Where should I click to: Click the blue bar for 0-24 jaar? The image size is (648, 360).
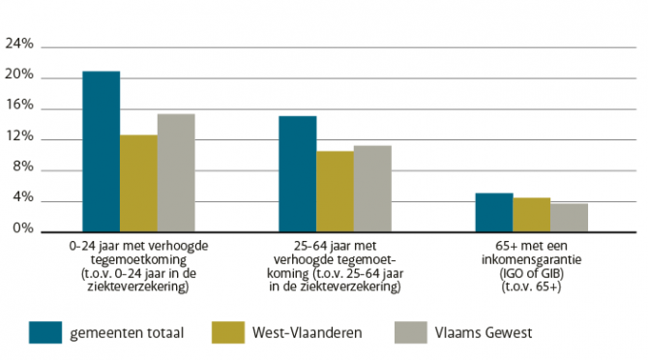(x=101, y=152)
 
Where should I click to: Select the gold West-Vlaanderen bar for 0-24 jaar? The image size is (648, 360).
(x=138, y=184)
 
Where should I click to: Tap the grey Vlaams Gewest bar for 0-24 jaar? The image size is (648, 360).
(x=176, y=173)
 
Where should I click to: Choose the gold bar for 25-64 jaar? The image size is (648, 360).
(x=335, y=192)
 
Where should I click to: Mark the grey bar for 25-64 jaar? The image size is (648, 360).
(x=372, y=189)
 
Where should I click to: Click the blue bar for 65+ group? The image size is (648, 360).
(x=493, y=213)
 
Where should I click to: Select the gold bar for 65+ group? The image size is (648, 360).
(x=531, y=215)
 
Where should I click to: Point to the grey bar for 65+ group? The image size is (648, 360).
(x=569, y=218)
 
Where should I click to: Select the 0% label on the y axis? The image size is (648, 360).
(x=22, y=231)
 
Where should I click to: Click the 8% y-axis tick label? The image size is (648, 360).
(x=22, y=169)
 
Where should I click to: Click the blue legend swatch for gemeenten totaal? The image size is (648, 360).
(x=44, y=332)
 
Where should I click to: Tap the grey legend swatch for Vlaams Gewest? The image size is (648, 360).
(x=412, y=332)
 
